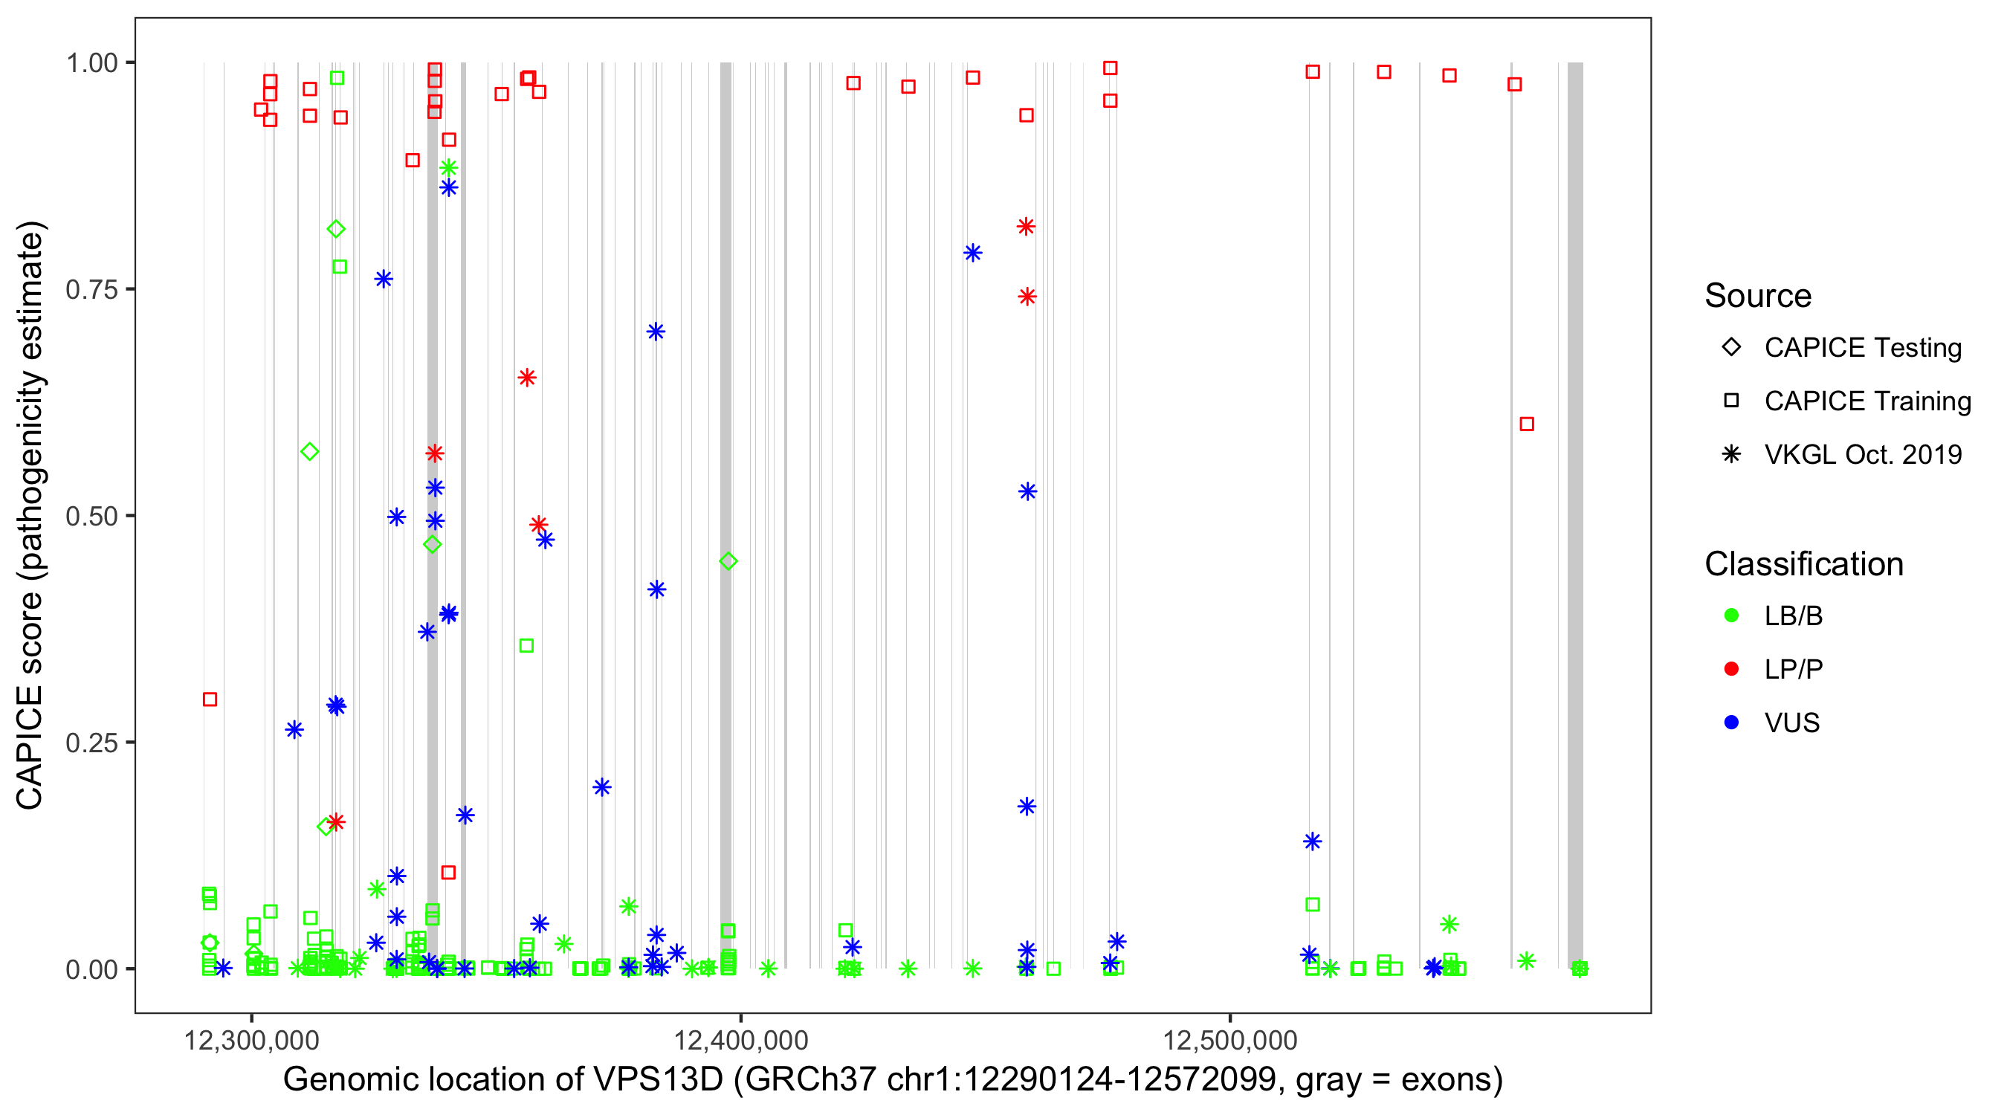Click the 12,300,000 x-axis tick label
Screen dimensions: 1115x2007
251,1041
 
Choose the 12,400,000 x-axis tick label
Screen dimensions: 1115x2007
740,1041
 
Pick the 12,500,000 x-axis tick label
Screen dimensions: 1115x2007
1229,1041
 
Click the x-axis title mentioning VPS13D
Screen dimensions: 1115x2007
892,1081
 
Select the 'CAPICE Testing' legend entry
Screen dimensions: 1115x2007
1862,348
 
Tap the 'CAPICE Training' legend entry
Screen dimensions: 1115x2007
1867,401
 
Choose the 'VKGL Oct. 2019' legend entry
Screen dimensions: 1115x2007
1862,454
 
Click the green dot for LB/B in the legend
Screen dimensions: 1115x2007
1731,615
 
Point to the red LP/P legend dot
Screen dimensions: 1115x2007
1731,669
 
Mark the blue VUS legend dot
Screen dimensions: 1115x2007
1731,723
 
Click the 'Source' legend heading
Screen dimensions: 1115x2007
1758,296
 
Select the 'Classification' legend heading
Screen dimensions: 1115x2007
1803,564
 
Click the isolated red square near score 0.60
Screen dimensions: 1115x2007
1527,424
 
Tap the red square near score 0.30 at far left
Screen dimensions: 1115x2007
210,699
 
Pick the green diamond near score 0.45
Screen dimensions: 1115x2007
728,561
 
